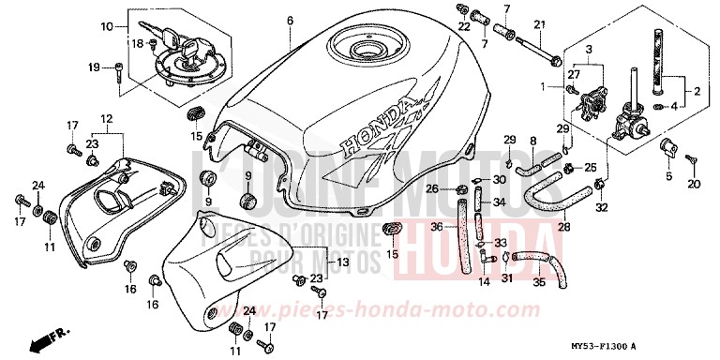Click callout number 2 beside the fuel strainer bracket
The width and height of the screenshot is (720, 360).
click(x=697, y=91)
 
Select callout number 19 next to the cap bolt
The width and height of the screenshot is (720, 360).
click(x=94, y=67)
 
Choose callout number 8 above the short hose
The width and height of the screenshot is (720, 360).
click(x=532, y=141)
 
